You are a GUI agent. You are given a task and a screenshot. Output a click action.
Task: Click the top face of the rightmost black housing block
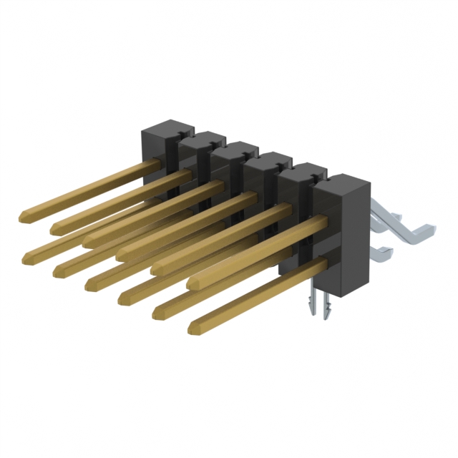point(342,182)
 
